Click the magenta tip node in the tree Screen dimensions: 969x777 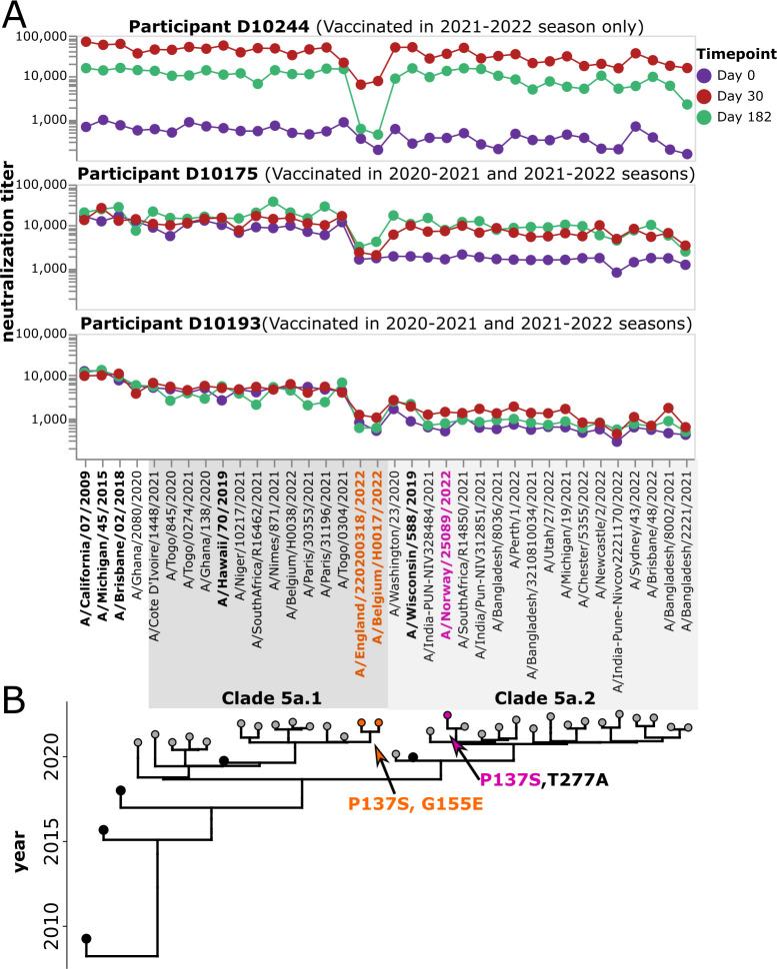pyautogui.click(x=448, y=714)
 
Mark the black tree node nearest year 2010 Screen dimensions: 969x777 pyautogui.click(x=86, y=939)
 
